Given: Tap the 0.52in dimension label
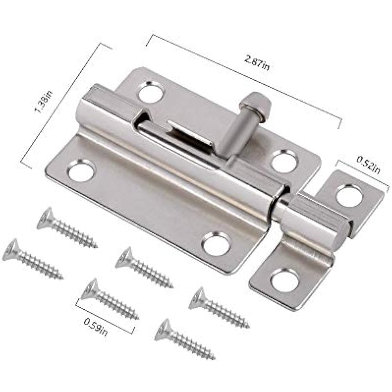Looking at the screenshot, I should (368, 165).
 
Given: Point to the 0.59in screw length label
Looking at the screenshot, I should (95, 327).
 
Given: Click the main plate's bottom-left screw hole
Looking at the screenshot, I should (81, 171).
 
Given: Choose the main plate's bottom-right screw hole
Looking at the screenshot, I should (215, 244).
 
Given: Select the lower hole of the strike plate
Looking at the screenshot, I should (285, 280).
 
